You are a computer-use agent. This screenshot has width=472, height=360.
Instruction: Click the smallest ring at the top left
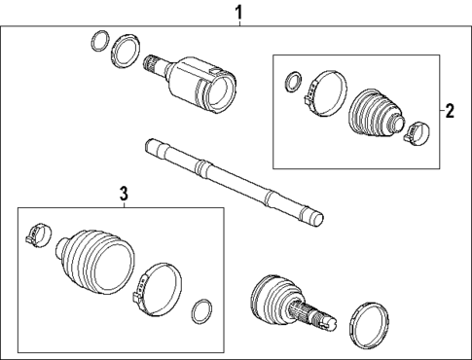coord(99,41)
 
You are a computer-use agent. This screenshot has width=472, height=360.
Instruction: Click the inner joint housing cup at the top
coord(206,85)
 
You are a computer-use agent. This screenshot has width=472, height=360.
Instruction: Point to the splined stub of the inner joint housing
coord(154,65)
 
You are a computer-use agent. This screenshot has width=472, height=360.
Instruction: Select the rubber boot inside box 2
coord(377,115)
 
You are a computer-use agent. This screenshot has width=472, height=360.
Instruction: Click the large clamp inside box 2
coord(320,90)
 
